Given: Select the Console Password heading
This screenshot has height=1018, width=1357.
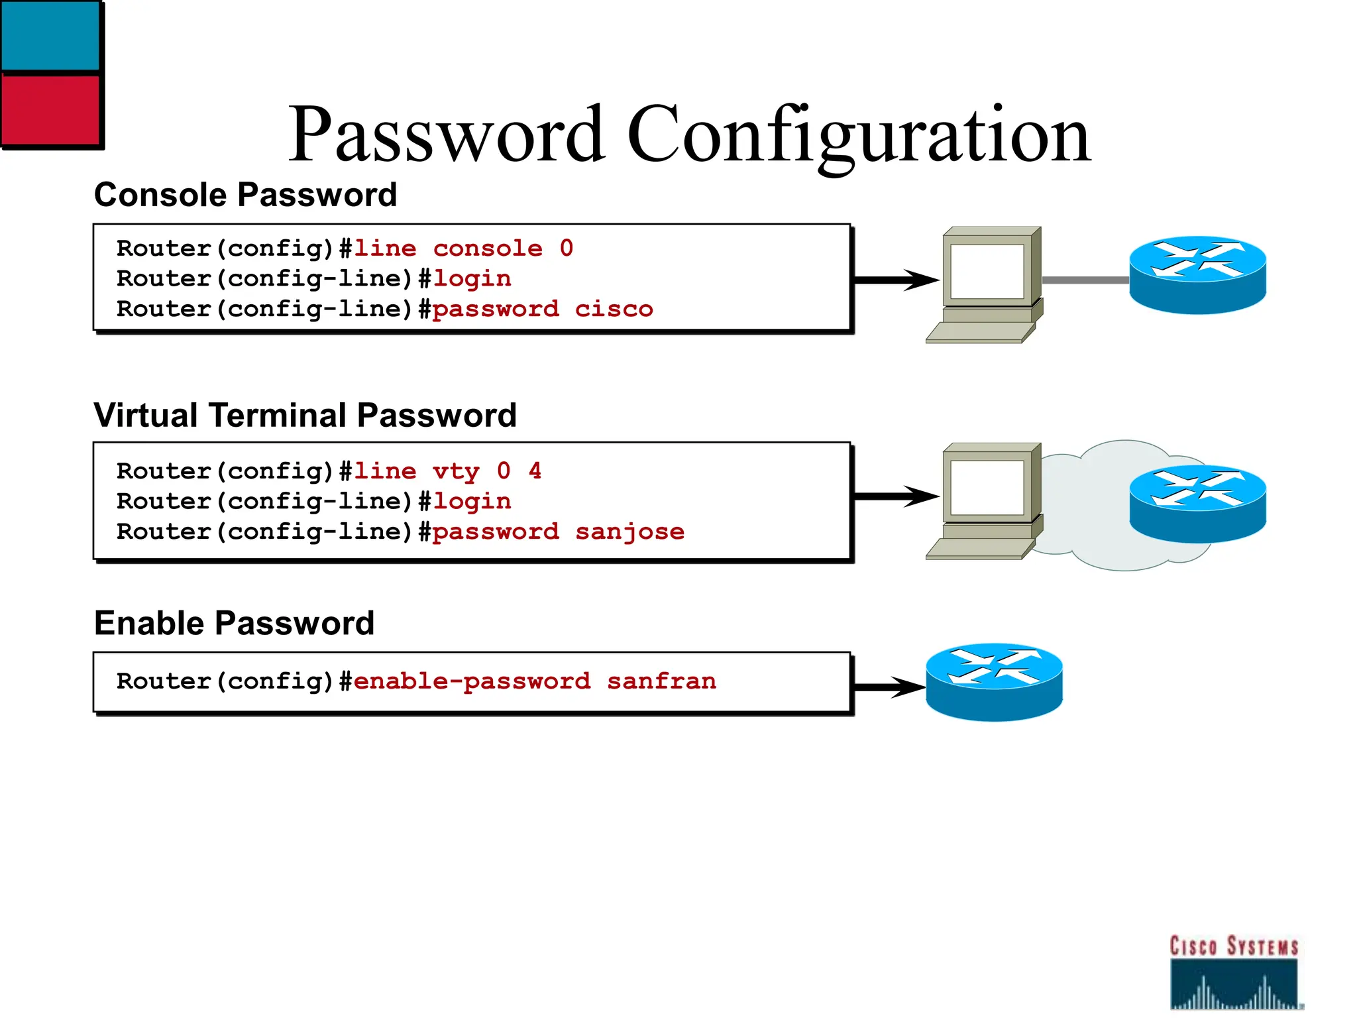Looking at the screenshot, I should [x=245, y=195].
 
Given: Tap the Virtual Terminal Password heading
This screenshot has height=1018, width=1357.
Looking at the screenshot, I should [x=305, y=416].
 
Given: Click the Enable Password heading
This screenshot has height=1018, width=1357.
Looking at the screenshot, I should [x=234, y=624].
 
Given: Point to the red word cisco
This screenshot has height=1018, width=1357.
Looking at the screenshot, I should [x=614, y=309].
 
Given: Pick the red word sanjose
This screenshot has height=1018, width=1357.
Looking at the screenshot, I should [x=629, y=532].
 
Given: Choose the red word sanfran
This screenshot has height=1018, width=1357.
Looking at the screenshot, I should [x=661, y=681].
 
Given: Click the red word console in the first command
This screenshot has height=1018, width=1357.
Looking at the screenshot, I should [x=488, y=249].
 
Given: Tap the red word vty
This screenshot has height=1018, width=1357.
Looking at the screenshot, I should [x=456, y=471].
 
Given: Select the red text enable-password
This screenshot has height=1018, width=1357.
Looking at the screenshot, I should [x=472, y=681].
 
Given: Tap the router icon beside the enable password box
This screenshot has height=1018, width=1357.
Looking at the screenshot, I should [x=993, y=682].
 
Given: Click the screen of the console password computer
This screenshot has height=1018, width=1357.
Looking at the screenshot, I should [x=987, y=272].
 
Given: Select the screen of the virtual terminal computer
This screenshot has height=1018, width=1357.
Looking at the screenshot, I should [x=987, y=488].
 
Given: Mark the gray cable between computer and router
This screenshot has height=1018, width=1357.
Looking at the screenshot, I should [x=1085, y=280].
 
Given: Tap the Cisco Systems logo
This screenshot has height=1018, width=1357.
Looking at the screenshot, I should [x=1233, y=972].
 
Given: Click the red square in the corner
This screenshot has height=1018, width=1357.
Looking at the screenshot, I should [x=50, y=109].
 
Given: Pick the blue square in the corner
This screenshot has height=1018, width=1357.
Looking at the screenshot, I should [x=50, y=34].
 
